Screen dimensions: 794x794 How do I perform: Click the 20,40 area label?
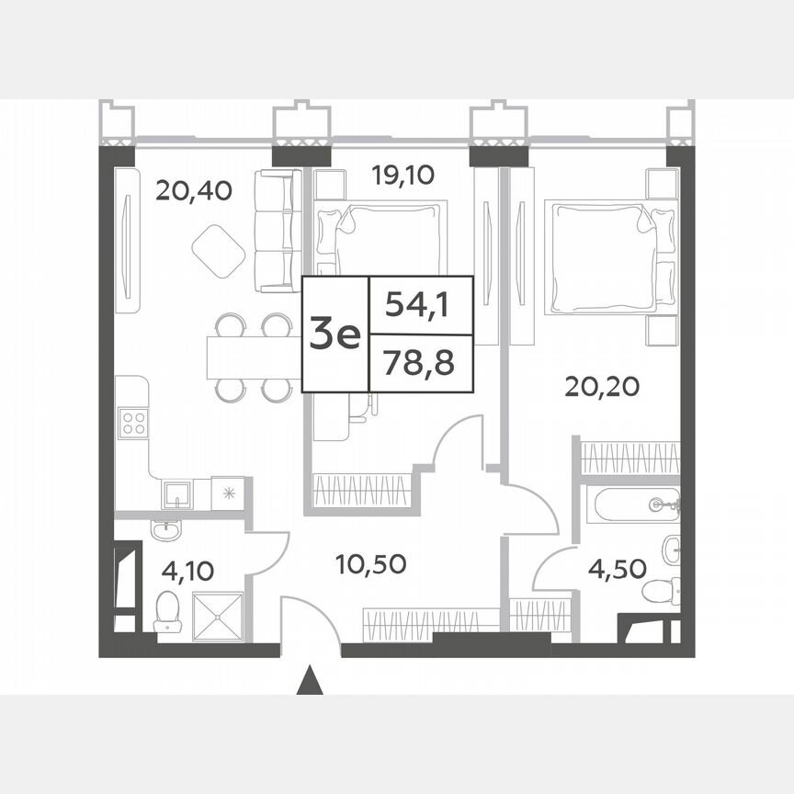tap(193, 190)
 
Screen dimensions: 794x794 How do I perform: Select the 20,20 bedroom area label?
tap(603, 387)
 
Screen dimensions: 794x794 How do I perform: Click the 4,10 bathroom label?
tap(187, 571)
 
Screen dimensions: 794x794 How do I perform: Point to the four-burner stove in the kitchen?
tap(134, 422)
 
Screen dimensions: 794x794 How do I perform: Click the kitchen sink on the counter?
tap(176, 493)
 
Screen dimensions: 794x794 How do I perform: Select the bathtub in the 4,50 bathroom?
tap(633, 505)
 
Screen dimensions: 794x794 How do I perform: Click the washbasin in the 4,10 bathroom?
tap(167, 530)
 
